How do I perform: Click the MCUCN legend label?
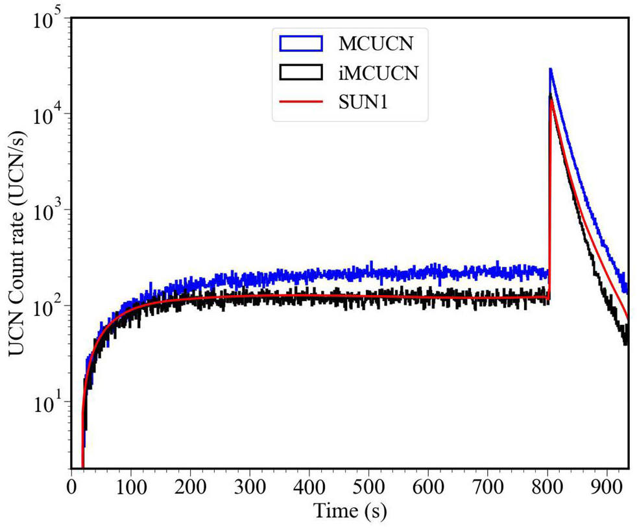[374, 44]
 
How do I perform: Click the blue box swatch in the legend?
[300, 44]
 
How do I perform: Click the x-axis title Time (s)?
[350, 511]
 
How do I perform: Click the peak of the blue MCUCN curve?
[550, 69]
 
